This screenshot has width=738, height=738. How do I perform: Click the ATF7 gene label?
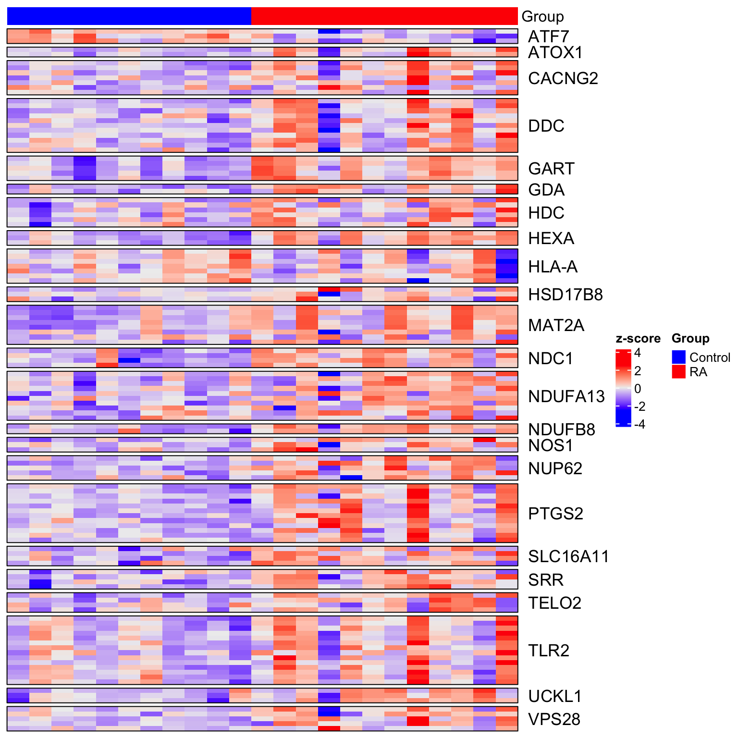pos(548,37)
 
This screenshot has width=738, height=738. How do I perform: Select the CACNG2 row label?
pos(563,78)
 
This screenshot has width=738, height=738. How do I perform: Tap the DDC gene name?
pos(546,126)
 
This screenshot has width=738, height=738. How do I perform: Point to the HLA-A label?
pos(553,267)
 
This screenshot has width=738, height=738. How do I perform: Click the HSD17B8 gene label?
pos(565,295)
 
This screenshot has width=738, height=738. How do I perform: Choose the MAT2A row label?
pos(556,325)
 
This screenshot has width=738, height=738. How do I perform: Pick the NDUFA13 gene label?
pos(566,396)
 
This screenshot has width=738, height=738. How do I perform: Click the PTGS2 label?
pos(555,514)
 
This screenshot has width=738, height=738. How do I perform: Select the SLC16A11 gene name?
pos(568,556)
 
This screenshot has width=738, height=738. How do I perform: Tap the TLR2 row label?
pos(548,651)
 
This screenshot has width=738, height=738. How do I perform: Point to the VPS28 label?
pos(554,719)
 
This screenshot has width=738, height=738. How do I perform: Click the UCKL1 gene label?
pos(555,696)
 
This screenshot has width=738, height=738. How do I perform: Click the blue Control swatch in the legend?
pos(678,357)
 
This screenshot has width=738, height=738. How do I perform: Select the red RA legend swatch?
pos(678,371)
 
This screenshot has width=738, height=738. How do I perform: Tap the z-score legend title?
pos(638,339)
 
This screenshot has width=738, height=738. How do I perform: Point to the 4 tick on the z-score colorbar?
pos(638,353)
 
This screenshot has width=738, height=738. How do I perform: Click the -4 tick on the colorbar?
pos(640,424)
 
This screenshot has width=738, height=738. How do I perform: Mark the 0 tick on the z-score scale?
pos(638,389)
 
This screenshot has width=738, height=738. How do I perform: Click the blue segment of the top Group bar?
pos(129,16)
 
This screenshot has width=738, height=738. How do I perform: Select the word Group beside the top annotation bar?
pos(542,17)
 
